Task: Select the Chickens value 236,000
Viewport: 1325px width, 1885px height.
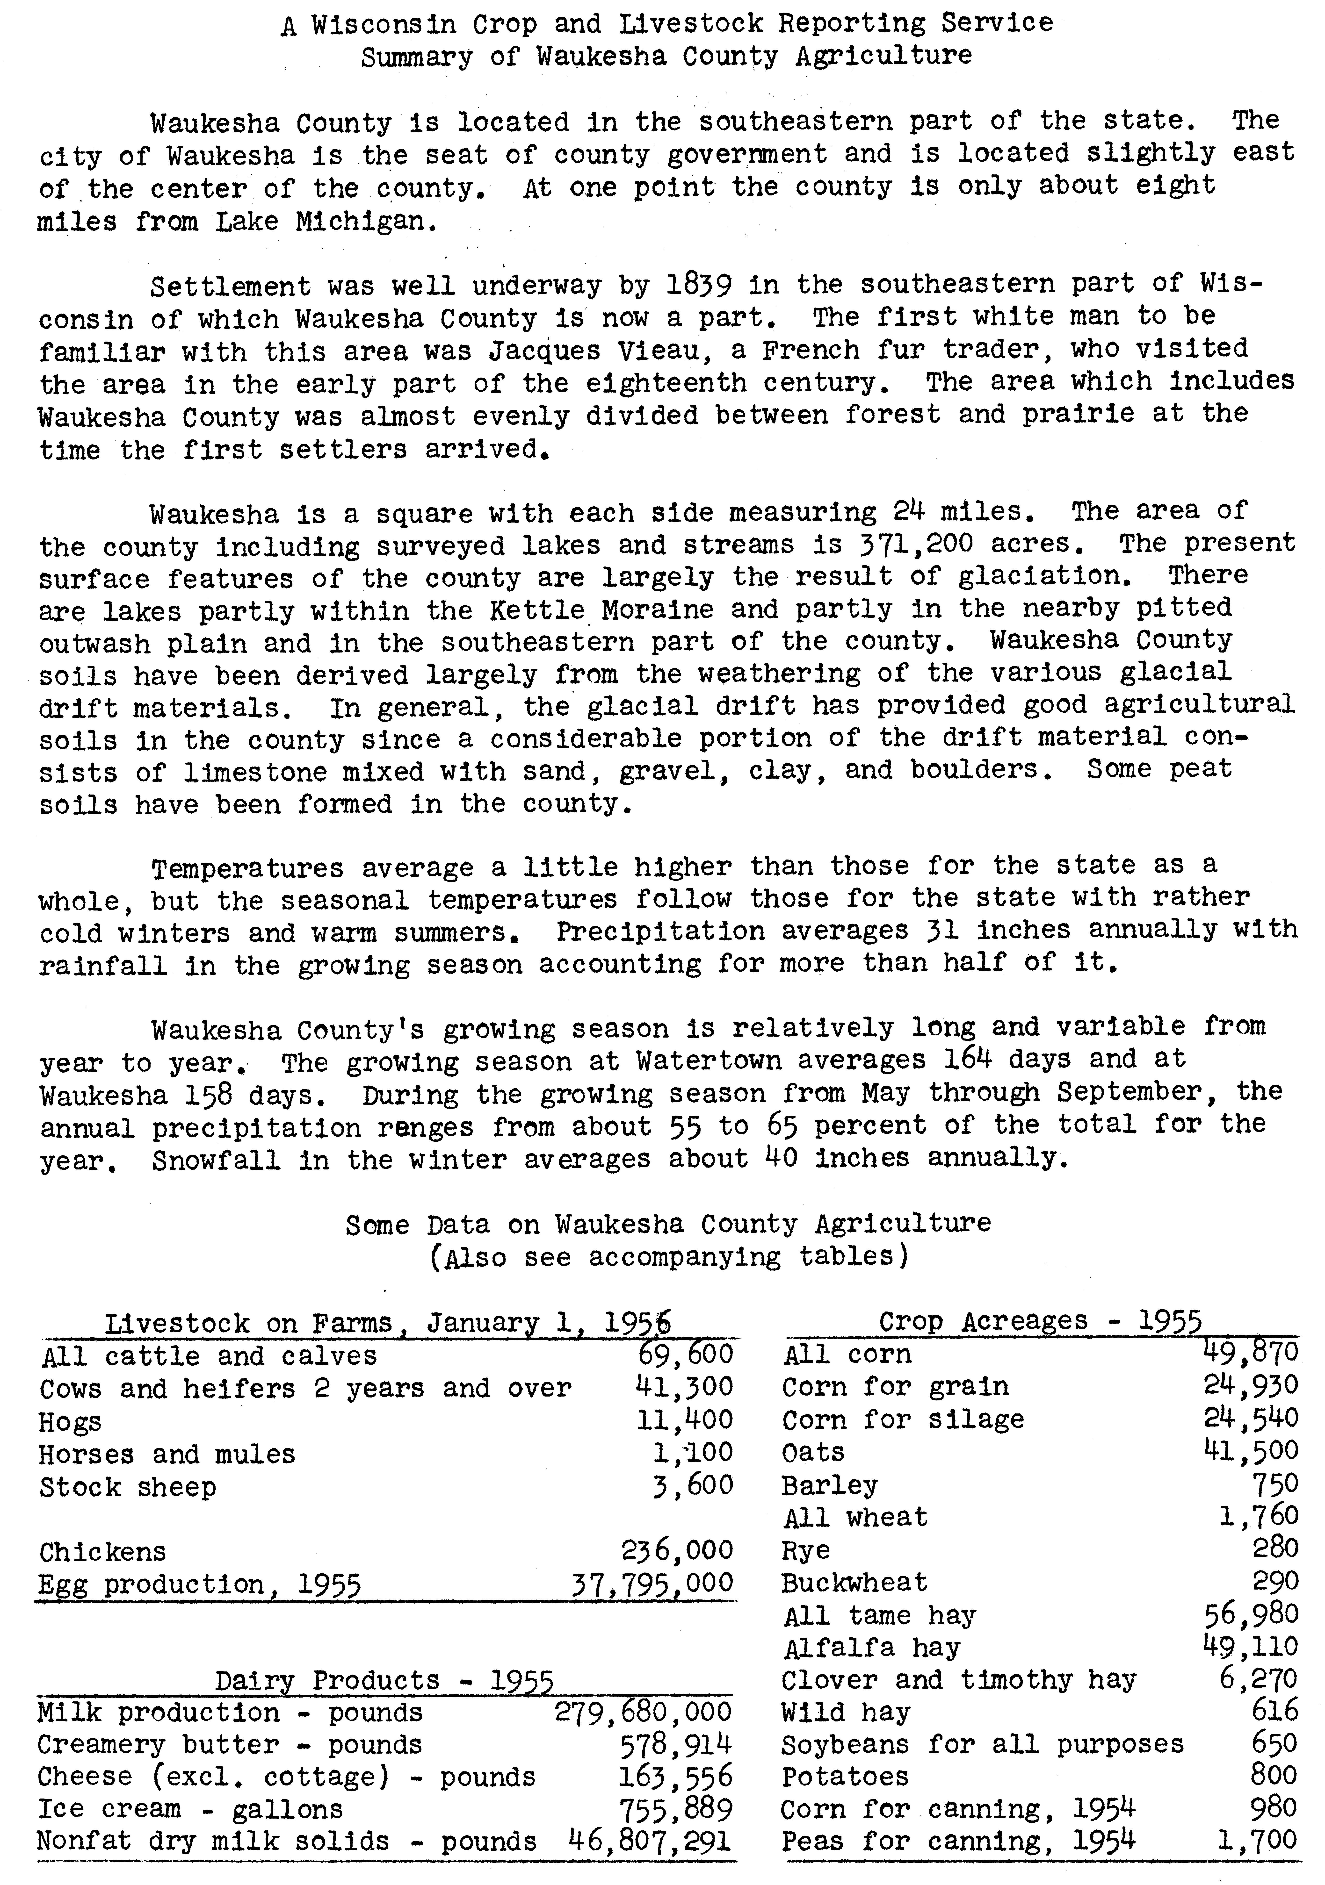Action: coord(676,1550)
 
